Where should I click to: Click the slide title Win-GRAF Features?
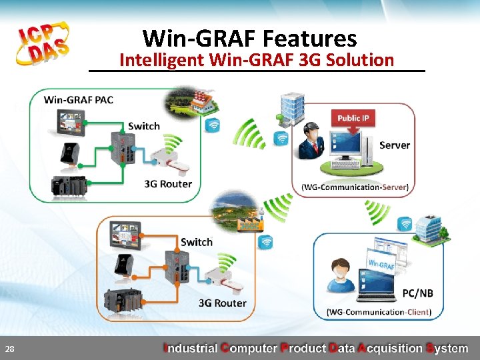click(249, 38)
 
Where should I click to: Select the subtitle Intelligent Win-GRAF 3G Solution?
click(257, 60)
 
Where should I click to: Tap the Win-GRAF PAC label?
click(79, 100)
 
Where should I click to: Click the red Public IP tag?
click(353, 118)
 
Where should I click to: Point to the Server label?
click(395, 145)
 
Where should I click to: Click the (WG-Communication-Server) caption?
click(355, 187)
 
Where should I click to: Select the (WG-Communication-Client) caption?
click(379, 311)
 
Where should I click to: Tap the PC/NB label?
click(418, 293)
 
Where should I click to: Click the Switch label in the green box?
click(144, 126)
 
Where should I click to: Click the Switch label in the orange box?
click(197, 242)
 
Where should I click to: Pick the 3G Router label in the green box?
click(168, 183)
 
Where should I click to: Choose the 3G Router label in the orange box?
click(222, 303)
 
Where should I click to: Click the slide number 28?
click(10, 349)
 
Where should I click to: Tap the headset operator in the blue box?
click(341, 275)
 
